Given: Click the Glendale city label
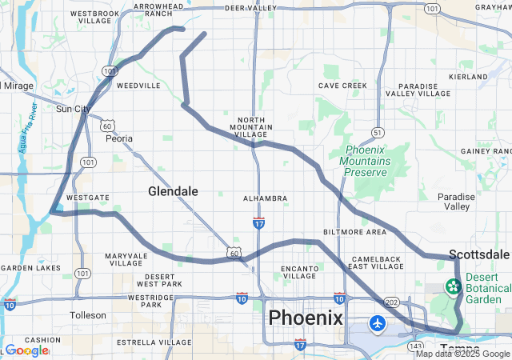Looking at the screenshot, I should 173,191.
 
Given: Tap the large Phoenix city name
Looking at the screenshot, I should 306,318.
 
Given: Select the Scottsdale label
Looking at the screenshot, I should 479,254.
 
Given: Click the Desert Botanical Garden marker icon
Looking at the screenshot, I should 453,286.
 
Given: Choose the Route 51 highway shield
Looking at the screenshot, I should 377,132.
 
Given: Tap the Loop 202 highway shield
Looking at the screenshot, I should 391,302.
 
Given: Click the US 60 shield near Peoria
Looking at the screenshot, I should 107,126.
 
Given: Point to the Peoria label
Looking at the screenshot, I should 119,138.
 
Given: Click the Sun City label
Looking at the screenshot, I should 74,109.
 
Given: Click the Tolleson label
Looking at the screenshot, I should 88,315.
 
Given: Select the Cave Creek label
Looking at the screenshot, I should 342,86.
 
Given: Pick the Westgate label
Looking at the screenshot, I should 87,197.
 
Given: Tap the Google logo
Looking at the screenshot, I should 26,350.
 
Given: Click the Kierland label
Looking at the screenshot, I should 468,77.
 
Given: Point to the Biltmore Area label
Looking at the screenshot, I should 354,232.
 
